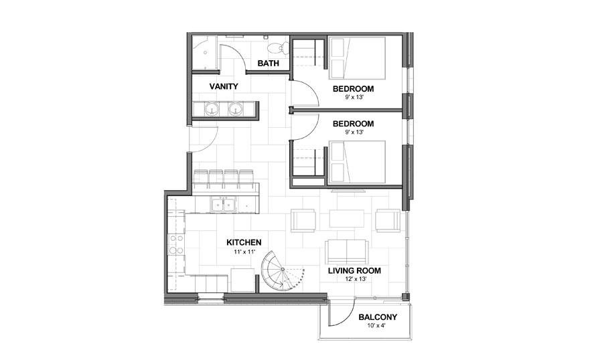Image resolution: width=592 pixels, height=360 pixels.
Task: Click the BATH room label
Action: (268, 64)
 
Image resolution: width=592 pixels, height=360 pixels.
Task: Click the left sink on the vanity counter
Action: (212, 110)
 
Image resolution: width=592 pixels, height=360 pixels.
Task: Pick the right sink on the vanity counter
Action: (236, 110)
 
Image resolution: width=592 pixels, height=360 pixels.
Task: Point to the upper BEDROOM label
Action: (353, 89)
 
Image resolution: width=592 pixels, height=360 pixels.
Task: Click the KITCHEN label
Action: (243, 242)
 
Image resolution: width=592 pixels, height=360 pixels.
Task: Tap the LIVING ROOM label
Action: (354, 271)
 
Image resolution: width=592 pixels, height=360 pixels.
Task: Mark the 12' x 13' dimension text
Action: (354, 280)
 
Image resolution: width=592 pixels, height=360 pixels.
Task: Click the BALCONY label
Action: (378, 317)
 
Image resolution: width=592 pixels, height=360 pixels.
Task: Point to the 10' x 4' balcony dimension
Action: (378, 327)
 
